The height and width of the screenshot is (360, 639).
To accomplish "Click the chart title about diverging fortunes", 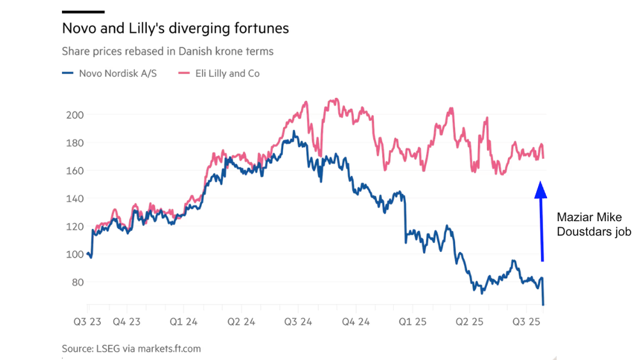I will pyautogui.click(x=175, y=29).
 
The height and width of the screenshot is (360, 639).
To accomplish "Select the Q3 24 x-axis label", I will pyautogui.click(x=296, y=322).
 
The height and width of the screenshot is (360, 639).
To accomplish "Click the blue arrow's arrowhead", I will pyautogui.click(x=541, y=189).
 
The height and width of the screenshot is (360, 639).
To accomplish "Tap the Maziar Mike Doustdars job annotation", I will pyautogui.click(x=594, y=224).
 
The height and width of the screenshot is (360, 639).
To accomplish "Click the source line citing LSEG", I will pyautogui.click(x=131, y=348).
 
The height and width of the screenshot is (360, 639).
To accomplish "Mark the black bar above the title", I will pyautogui.click(x=83, y=12).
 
